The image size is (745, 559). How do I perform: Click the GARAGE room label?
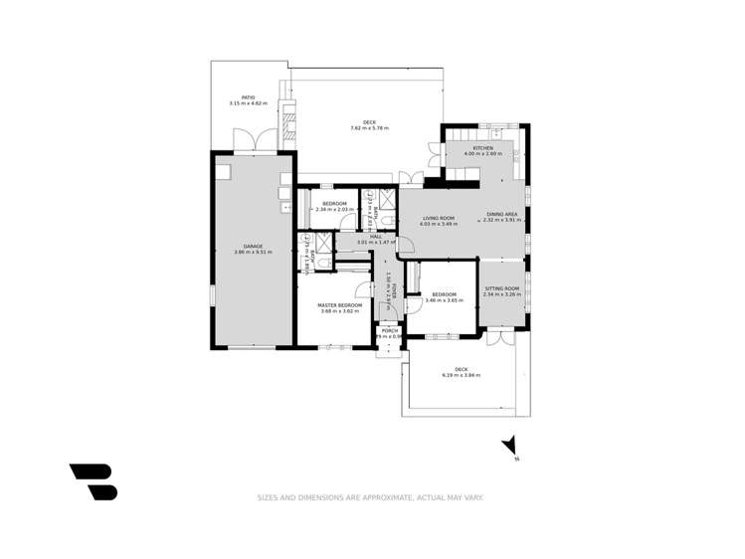[253, 246]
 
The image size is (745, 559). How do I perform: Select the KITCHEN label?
[482, 148]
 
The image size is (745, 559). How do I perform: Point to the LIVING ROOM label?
[439, 218]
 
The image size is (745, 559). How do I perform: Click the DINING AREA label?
[501, 214]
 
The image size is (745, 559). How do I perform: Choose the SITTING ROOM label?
[501, 288]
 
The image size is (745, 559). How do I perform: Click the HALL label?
[376, 236]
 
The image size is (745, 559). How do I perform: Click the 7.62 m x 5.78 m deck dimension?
[369, 128]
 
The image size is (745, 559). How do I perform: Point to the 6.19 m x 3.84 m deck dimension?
[461, 375]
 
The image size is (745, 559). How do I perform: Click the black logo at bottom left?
[93, 481]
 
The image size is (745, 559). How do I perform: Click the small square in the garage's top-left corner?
[224, 171]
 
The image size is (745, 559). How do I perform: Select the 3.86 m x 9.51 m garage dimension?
[253, 252]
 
